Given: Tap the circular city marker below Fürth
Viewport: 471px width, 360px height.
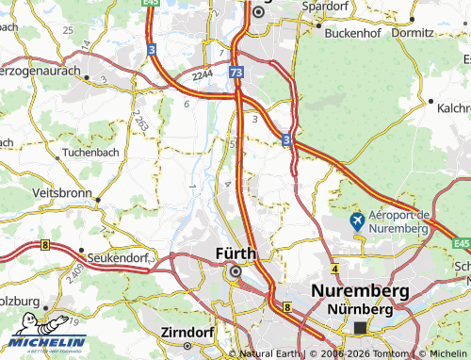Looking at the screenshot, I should (235, 271).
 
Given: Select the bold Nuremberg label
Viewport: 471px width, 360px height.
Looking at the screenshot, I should (361, 291).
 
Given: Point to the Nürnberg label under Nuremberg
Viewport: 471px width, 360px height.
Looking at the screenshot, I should (359, 309).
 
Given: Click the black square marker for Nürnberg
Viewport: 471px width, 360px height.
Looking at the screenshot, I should (361, 328).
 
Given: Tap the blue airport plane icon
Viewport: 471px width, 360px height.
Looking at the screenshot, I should (357, 221).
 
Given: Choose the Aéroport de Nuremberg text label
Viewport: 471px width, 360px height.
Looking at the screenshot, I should (400, 221).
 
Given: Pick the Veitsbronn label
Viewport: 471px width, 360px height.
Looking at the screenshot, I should (62, 191).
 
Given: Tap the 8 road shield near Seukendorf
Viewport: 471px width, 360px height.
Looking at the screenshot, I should (44, 245).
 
